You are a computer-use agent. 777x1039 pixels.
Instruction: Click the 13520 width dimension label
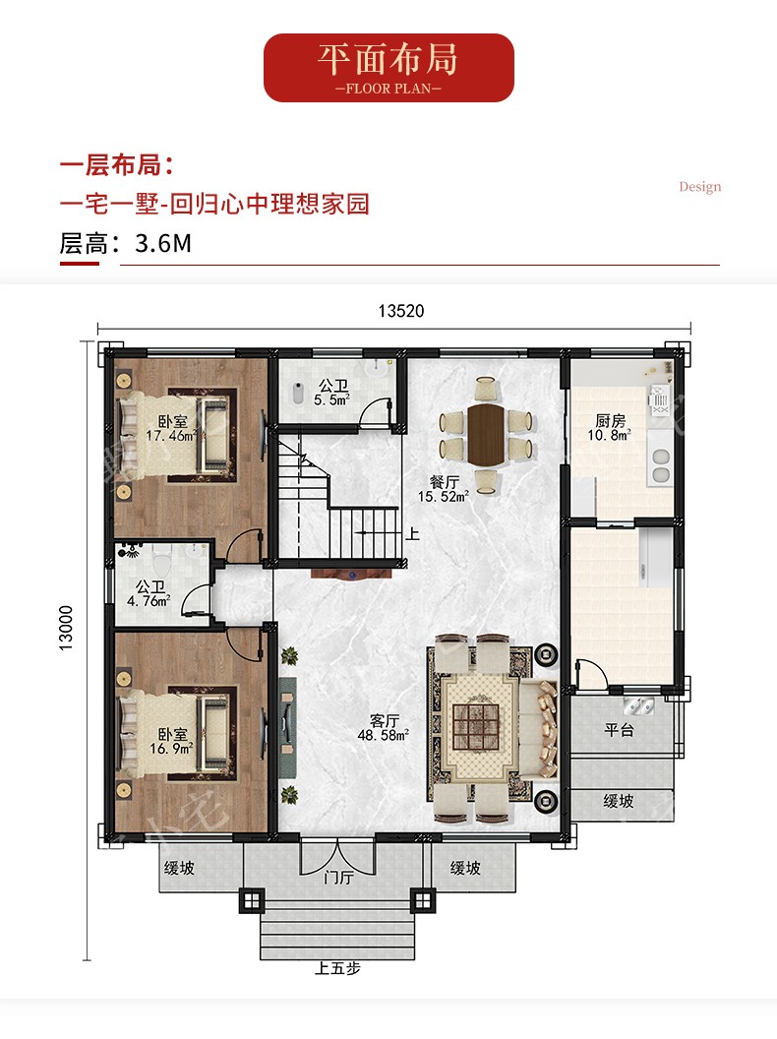pyautogui.click(x=400, y=311)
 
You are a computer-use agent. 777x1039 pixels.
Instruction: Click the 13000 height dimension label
pyautogui.click(x=66, y=628)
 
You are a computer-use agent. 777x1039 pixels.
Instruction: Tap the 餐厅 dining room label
pyautogui.click(x=444, y=482)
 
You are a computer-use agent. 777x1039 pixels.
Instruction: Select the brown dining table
pyautogui.click(x=486, y=434)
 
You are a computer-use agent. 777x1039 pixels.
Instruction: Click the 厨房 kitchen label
pyautogui.click(x=610, y=421)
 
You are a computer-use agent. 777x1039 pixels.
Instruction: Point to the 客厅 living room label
pyautogui.click(x=385, y=720)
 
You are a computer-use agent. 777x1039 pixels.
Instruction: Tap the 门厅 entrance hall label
pyautogui.click(x=338, y=878)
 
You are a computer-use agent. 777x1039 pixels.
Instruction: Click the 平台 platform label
pyautogui.click(x=620, y=729)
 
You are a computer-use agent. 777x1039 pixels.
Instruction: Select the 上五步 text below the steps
pyautogui.click(x=337, y=968)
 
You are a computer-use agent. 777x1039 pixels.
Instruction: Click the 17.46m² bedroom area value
pyautogui.click(x=171, y=435)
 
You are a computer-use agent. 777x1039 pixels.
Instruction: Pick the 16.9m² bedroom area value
pyautogui.click(x=171, y=748)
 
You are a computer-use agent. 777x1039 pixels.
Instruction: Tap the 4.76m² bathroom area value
pyautogui.click(x=149, y=601)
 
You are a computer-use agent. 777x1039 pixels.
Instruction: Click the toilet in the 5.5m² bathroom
pyautogui.click(x=298, y=393)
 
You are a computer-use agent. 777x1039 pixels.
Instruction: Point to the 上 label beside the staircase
pyautogui.click(x=412, y=533)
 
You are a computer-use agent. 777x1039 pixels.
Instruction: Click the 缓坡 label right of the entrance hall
pyautogui.click(x=465, y=868)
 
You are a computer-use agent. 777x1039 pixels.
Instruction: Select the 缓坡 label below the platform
pyautogui.click(x=619, y=801)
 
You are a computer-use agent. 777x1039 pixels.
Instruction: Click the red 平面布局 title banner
pyautogui.click(x=388, y=68)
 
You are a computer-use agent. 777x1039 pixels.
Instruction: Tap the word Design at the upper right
pyautogui.click(x=699, y=187)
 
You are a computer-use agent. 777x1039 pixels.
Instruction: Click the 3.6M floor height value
pyautogui.click(x=163, y=243)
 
